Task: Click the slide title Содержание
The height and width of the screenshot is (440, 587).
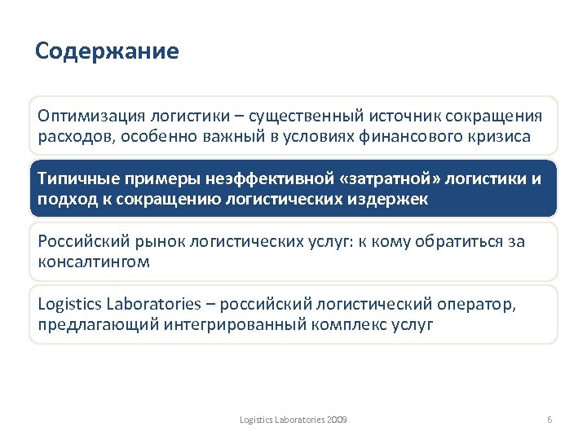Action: [107, 52]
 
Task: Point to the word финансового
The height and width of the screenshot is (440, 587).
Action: [414, 136]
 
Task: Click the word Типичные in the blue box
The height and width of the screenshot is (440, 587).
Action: [77, 179]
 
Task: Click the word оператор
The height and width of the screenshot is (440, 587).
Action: [480, 305]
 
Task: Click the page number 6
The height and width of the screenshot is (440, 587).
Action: [549, 419]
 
